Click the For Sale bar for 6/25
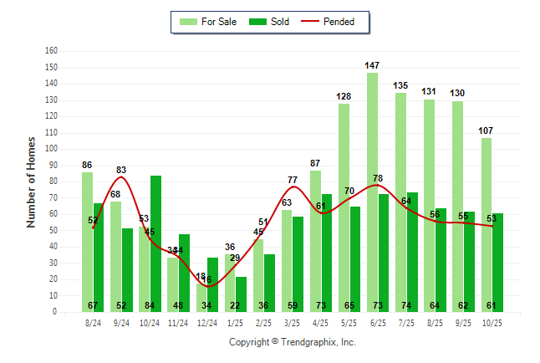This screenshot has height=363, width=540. tap(372, 192)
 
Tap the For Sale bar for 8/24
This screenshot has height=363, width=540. tap(87, 242)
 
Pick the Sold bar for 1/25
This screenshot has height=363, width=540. tap(241, 294)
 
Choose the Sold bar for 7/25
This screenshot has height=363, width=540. tap(412, 252)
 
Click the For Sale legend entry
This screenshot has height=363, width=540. tap(209, 22)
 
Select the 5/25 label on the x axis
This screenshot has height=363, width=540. tap(349, 322)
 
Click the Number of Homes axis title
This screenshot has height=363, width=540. tap(32, 181)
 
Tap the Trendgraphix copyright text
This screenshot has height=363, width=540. tap(292, 342)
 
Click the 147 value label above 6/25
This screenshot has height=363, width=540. tap(372, 64)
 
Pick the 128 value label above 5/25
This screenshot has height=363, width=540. tap(344, 96)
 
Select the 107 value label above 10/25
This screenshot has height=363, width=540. tap(486, 130)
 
